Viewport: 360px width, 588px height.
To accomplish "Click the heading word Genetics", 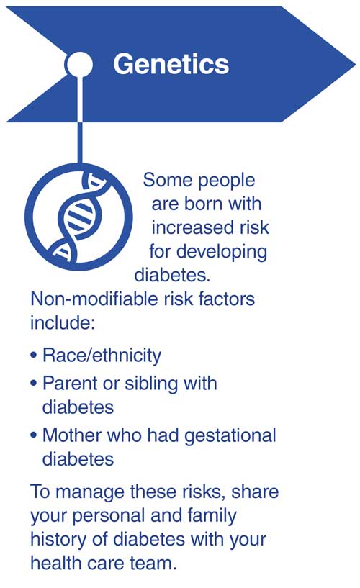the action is (171, 65).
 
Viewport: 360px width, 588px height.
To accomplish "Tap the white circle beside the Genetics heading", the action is (78, 64).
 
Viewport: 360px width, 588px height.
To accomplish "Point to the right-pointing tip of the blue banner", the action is (355, 65).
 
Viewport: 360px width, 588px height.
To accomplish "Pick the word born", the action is (204, 204).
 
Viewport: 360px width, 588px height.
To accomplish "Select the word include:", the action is (62, 322).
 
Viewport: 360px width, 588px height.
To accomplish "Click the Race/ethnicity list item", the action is (102, 356).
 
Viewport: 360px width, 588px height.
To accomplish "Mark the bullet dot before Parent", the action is (34, 384).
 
